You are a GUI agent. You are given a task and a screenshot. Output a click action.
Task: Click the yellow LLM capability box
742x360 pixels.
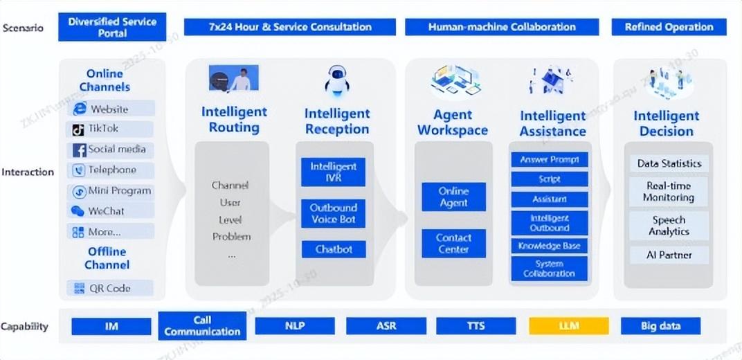coord(569,326)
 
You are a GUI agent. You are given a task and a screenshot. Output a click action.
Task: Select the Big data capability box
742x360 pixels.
coord(660,326)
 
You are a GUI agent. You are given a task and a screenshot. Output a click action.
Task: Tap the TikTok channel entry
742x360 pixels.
coord(111,129)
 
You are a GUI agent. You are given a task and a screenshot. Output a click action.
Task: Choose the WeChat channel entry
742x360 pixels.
coord(111,211)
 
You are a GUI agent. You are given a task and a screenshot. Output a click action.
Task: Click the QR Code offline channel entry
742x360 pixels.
coord(111,288)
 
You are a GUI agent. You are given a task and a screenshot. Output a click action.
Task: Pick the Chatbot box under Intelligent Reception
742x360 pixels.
coord(334,249)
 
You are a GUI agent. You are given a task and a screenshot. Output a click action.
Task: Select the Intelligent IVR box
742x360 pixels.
coord(333,172)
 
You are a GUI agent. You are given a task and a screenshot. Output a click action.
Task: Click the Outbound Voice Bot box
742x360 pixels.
coord(333,213)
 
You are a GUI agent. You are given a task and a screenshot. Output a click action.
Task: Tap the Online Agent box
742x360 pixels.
coord(453,197)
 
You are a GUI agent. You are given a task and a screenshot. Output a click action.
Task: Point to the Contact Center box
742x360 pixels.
coord(453,243)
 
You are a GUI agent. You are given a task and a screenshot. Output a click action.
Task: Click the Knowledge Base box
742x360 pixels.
coord(550,246)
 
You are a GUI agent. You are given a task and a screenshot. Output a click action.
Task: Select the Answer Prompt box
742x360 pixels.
coord(550,160)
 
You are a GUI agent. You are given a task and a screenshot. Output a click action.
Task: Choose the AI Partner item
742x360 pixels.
coord(669,255)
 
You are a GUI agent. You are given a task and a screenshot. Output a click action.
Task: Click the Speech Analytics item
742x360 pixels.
coord(669,226)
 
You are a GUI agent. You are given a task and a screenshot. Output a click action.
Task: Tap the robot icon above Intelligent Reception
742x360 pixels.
coord(337,80)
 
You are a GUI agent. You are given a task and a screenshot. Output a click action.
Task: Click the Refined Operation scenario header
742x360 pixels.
coord(669,27)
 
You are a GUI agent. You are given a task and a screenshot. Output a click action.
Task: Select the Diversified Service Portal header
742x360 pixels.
coord(112,27)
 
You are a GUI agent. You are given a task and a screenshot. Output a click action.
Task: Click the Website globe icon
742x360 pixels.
coord(80,109)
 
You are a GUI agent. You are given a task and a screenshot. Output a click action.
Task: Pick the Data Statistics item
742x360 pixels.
coord(669,163)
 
